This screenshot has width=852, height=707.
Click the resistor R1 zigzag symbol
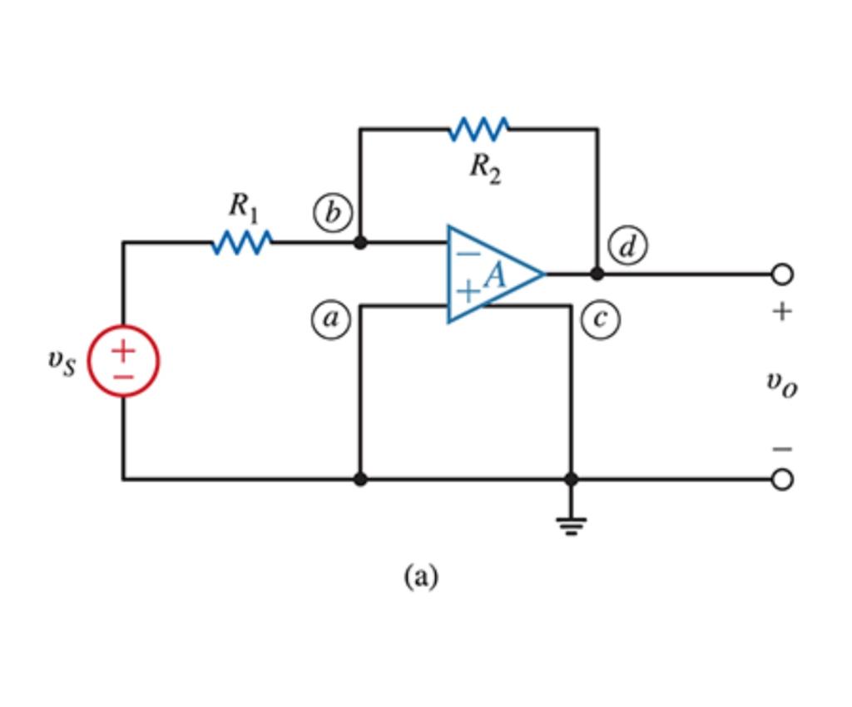pos(242,243)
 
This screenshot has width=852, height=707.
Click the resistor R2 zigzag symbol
pos(479,129)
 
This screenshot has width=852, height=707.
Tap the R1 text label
pos(244,207)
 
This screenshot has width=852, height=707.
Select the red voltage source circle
pos(123,362)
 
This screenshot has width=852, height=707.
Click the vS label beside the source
pos(62,361)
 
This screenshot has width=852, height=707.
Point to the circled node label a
pos(330,319)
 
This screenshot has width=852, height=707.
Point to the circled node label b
pos(332,214)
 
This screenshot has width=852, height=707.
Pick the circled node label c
pos(600,319)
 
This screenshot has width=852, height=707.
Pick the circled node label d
pos(627,246)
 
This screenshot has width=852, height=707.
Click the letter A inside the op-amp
pos(496,275)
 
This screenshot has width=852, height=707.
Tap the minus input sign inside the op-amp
pos(468,253)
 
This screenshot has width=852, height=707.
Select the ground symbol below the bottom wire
pos(571,525)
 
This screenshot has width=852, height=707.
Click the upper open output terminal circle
pos(781,274)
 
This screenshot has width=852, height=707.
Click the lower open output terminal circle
pos(781,480)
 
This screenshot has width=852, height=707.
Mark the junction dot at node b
pos(360,243)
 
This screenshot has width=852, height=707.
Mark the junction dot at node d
pos(597,274)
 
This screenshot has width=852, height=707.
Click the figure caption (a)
pos(420,575)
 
